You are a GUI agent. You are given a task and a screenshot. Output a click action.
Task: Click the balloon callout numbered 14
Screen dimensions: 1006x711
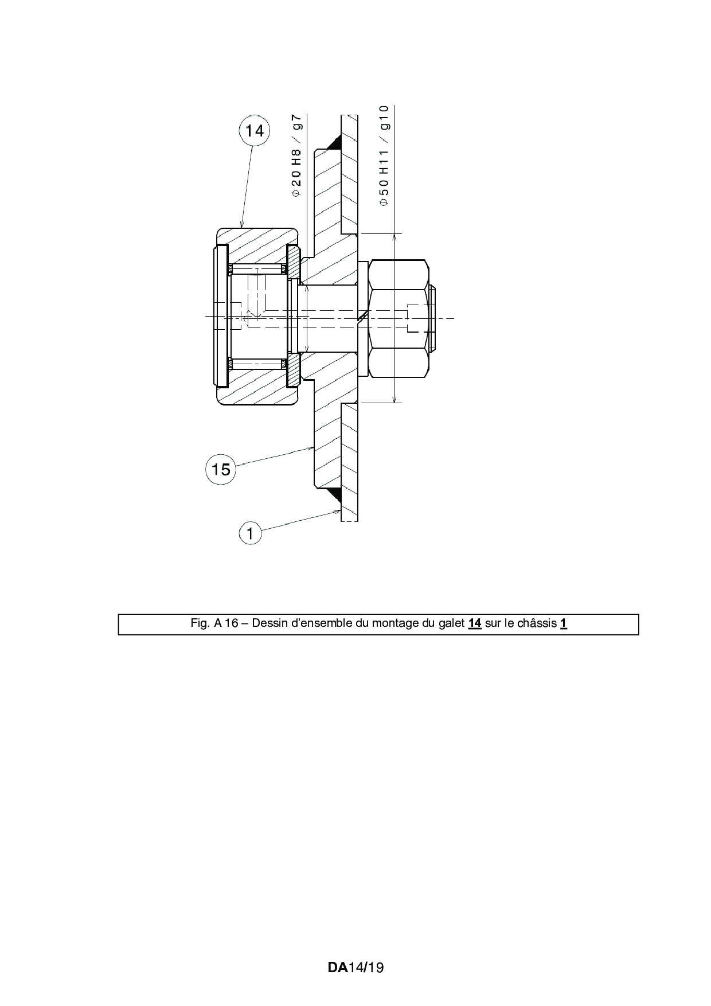pyautogui.click(x=254, y=131)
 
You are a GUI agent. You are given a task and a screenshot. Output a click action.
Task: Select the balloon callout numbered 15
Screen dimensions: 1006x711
pyautogui.click(x=221, y=469)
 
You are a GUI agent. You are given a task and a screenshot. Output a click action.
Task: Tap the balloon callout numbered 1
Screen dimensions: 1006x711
pyautogui.click(x=250, y=533)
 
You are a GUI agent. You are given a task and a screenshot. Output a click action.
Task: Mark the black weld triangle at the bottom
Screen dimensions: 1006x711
pyautogui.click(x=334, y=493)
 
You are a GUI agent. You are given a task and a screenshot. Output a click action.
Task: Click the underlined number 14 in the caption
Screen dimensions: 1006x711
pyautogui.click(x=474, y=623)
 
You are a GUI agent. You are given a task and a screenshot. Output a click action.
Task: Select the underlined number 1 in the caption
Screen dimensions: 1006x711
pyautogui.click(x=564, y=623)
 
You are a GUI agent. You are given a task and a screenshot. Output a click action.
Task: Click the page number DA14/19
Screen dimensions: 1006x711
pyautogui.click(x=355, y=968)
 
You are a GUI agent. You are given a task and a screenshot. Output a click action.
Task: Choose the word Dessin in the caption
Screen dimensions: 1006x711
pyautogui.click(x=269, y=623)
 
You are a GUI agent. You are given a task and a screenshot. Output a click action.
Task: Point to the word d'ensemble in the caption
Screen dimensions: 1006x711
pyautogui.click(x=321, y=623)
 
